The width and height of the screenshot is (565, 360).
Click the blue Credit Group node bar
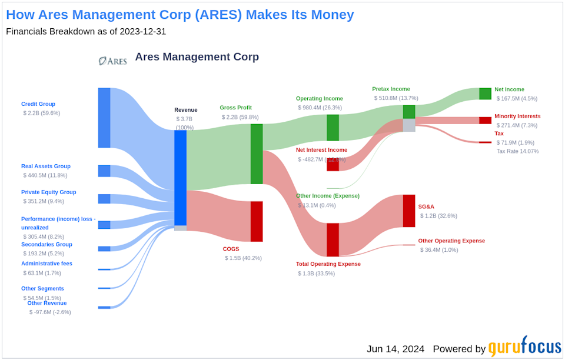104,118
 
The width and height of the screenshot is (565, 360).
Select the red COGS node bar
257,221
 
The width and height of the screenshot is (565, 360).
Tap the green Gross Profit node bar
257,154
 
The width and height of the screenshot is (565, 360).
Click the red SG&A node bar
408,211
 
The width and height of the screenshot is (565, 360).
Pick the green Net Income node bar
485,94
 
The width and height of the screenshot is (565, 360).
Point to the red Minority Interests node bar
485,120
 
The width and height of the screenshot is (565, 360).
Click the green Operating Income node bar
333,128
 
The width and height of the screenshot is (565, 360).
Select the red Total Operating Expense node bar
333,239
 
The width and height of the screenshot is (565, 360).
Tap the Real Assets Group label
46,166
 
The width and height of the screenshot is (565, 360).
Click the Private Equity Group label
49,192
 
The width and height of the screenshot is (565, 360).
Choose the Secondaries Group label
46,245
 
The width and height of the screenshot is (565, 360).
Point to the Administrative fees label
46,264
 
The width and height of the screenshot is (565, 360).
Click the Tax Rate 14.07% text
517,151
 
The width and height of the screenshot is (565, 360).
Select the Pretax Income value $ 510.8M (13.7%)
395,98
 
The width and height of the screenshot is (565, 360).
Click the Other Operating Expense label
451,241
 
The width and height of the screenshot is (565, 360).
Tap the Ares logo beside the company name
112,60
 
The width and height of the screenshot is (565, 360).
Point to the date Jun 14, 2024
395,349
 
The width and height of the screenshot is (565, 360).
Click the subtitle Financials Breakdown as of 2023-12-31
86,31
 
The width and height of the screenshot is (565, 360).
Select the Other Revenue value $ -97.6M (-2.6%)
50,312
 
